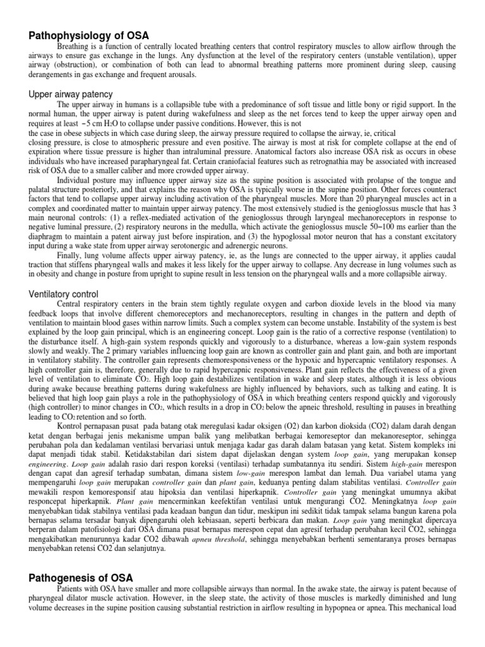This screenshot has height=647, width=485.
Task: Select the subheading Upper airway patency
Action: point(71,94)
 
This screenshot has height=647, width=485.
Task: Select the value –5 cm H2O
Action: point(93,124)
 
